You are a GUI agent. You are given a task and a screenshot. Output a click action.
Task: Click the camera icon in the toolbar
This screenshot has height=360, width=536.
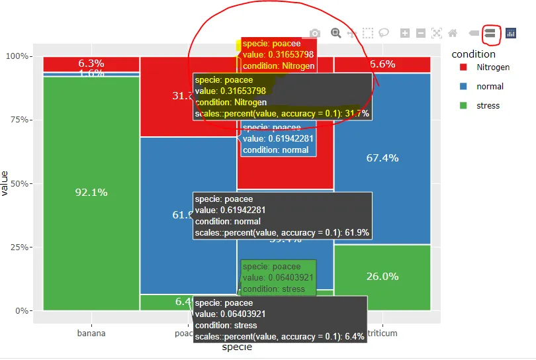[x=315, y=33]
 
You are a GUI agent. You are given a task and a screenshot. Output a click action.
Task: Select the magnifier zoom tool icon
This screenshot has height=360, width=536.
[x=336, y=32]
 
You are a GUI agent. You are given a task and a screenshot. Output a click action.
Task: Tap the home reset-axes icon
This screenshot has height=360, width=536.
[x=453, y=33]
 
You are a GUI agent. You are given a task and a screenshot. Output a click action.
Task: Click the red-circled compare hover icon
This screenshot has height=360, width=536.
[x=490, y=32]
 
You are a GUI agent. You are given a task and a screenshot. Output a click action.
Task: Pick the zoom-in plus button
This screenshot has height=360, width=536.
[x=405, y=33]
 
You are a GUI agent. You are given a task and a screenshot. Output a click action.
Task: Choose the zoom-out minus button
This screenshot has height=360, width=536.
[x=421, y=33]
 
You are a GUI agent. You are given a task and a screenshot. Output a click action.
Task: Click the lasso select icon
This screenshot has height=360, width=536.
[x=384, y=32]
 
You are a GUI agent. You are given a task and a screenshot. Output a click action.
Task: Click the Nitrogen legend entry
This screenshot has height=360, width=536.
[x=493, y=67]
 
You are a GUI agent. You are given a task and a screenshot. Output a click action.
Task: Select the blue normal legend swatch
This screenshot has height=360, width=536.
[x=463, y=87]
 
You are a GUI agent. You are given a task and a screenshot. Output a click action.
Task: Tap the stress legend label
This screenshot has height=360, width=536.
[x=488, y=106]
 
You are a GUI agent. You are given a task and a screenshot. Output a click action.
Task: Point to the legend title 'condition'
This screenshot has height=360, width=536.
[x=473, y=54]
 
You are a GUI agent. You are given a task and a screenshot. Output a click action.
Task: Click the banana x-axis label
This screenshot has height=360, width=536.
[x=91, y=334]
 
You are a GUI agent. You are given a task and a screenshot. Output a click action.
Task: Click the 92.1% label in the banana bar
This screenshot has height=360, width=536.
[x=91, y=193]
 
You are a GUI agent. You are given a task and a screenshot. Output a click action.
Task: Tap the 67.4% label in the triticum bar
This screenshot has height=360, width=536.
[x=382, y=158]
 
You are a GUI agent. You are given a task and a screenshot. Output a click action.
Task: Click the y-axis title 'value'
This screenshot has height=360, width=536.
[x=5, y=183]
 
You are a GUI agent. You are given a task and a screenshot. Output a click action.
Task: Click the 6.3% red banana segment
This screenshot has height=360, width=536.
[x=91, y=64]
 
